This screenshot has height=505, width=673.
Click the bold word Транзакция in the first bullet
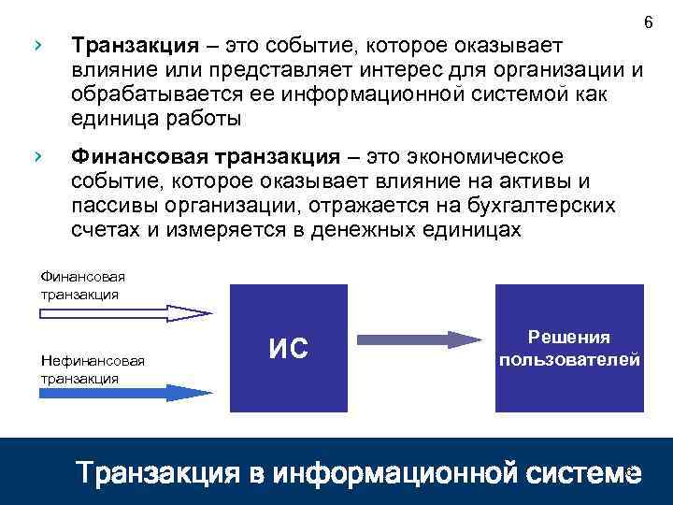[x=136, y=45]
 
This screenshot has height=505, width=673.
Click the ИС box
[x=289, y=348]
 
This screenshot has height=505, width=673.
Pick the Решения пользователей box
[x=569, y=348]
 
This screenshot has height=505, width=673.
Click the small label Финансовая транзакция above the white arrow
[x=82, y=284]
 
